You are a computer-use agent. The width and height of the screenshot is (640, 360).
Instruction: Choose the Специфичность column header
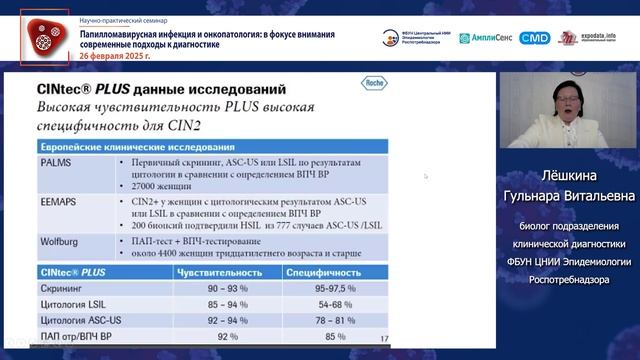click(321, 272)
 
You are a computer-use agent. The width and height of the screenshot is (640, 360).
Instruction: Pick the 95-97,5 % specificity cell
click(322, 288)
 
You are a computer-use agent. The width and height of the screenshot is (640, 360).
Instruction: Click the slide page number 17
click(385, 339)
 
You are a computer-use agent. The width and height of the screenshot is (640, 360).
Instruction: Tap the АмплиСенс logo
click(487, 38)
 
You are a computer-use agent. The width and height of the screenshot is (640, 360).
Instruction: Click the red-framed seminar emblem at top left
click(44, 36)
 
